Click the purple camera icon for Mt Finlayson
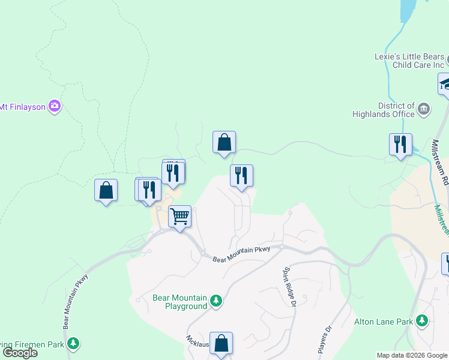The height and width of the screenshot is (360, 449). [55, 106]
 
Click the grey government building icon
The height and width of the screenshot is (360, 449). [424, 109]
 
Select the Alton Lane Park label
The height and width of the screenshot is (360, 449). [384, 322]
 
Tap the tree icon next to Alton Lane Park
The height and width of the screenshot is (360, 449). [423, 321]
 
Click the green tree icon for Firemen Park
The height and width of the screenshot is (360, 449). [73, 344]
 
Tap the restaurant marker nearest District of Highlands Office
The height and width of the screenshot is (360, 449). [400, 145]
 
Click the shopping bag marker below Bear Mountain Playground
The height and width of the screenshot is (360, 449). [221, 343]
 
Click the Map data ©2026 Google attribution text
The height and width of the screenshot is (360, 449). [412, 355]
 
